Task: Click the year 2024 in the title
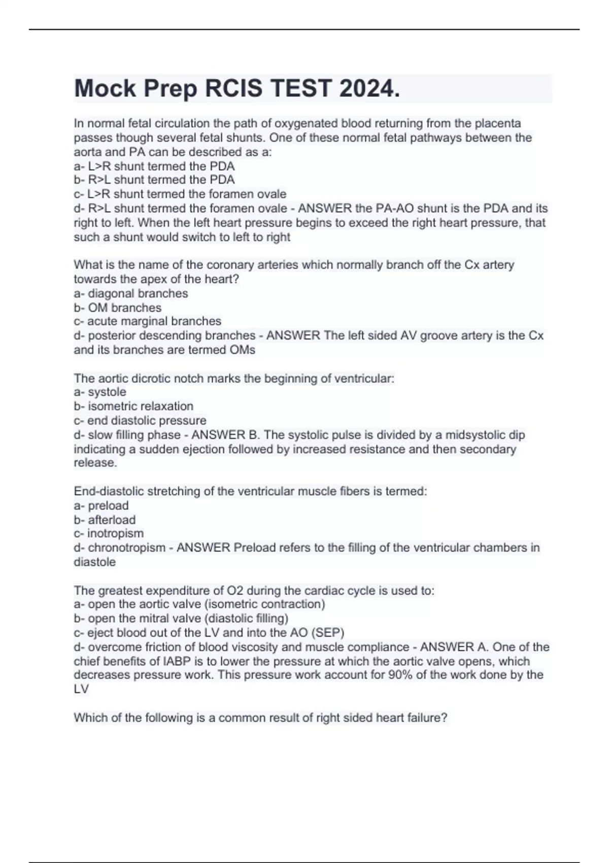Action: (369, 89)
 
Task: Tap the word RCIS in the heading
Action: (234, 89)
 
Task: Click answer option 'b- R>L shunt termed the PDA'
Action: (154, 180)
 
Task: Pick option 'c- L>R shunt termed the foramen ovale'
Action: (180, 194)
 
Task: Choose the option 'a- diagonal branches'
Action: (131, 293)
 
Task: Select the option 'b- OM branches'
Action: (118, 308)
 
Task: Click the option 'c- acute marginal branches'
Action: (148, 321)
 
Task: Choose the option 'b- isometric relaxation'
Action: (133, 406)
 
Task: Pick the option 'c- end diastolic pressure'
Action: (140, 420)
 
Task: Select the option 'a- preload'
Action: (101, 506)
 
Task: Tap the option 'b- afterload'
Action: (105, 520)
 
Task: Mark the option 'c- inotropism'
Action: (109, 534)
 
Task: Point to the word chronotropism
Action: (127, 548)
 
